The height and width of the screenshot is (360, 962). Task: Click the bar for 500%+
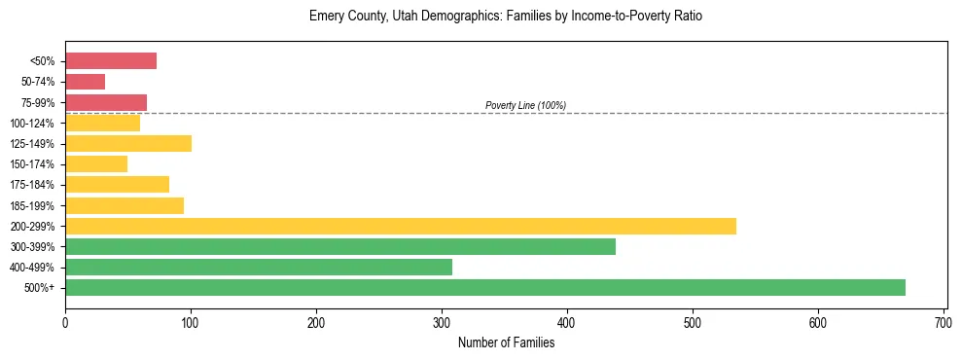click(484, 287)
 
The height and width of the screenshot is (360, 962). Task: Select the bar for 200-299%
click(400, 226)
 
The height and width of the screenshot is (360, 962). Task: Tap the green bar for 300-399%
click(339, 246)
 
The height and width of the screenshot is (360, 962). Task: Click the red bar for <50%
click(111, 60)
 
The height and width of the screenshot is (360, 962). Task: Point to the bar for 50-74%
click(85, 82)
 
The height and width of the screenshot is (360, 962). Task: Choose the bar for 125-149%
click(128, 143)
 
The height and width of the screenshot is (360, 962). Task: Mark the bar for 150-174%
click(96, 163)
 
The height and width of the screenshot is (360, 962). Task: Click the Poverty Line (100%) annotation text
click(525, 105)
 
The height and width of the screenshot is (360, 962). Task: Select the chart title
click(505, 17)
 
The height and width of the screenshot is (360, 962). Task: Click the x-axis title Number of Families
click(505, 342)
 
